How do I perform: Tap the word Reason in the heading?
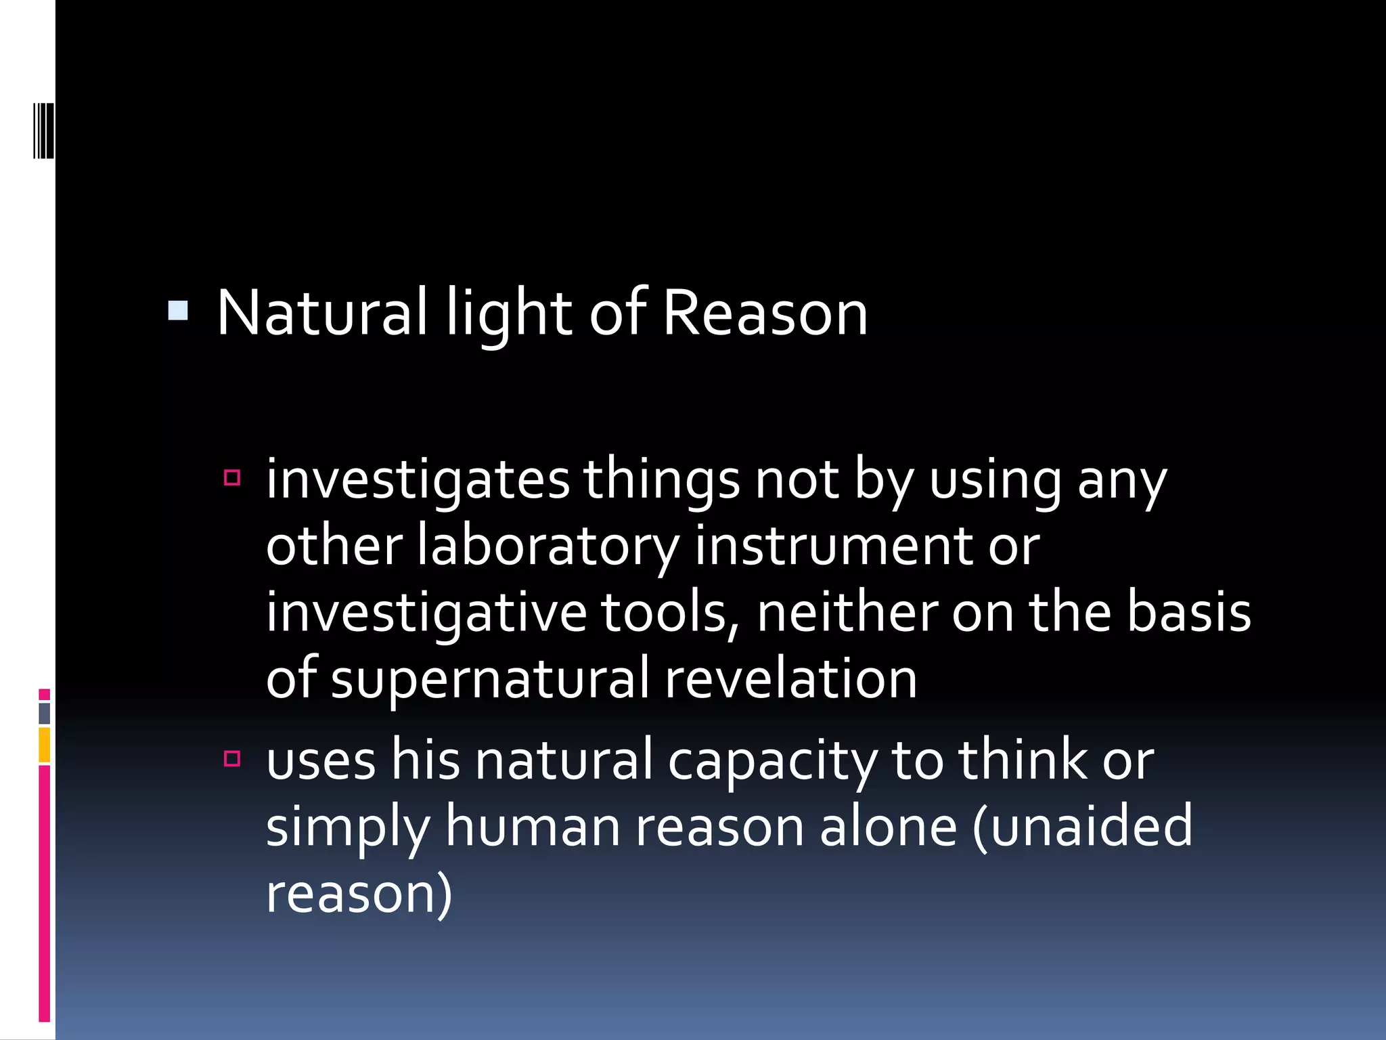tap(765, 313)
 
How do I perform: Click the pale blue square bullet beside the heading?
tap(178, 311)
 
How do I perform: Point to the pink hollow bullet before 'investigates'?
tap(232, 478)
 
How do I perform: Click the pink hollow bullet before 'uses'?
tap(232, 758)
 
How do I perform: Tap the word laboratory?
tap(547, 546)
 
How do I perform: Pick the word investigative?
tap(426, 613)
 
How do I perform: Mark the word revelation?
tap(790, 678)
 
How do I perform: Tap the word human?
tap(532, 827)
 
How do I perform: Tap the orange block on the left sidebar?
tap(45, 745)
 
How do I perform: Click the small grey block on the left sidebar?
tap(45, 714)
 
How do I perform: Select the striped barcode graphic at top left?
tap(44, 130)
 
